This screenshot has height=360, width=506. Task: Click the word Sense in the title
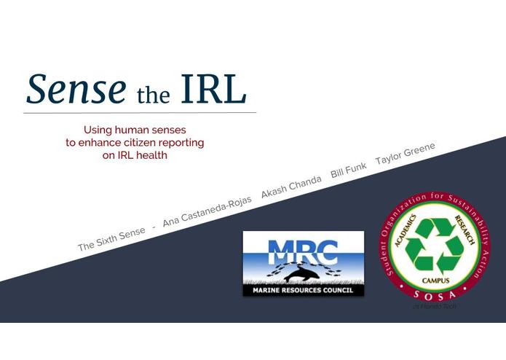(x=75, y=89)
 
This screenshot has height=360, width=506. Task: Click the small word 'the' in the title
(x=153, y=95)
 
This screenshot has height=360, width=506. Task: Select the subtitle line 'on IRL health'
(x=135, y=155)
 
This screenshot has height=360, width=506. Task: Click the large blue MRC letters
(x=303, y=251)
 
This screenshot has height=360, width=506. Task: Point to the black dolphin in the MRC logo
(x=301, y=275)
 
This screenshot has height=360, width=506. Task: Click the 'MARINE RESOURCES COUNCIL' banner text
(x=303, y=290)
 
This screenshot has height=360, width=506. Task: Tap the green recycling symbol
(x=435, y=245)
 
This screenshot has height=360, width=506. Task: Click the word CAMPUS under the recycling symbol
(x=435, y=279)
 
